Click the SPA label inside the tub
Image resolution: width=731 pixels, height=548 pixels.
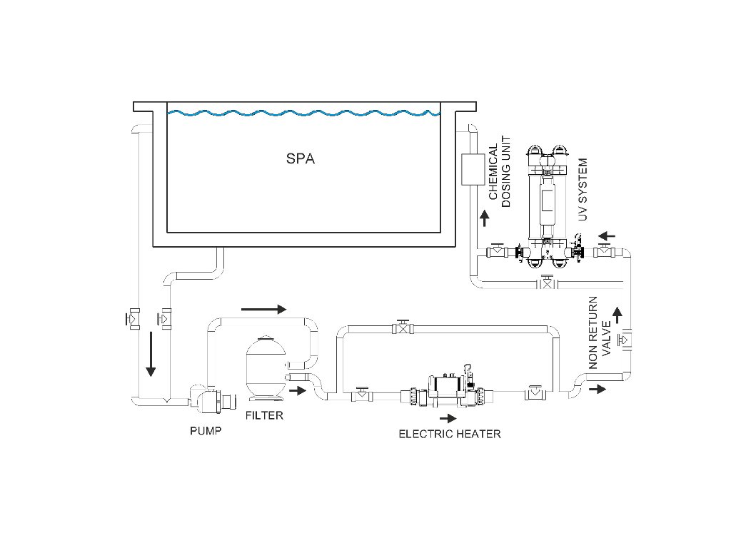(x=301, y=158)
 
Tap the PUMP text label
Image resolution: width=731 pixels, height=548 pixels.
(x=206, y=430)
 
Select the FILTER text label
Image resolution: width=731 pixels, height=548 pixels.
(x=264, y=415)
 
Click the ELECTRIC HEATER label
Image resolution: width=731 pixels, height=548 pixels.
(x=450, y=434)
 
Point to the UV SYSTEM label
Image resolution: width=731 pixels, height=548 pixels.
(x=583, y=189)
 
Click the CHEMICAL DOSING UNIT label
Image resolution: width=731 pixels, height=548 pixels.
(x=499, y=171)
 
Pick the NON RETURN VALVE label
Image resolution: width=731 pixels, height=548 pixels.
(x=600, y=333)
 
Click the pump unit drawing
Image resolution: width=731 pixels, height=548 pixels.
(x=212, y=398)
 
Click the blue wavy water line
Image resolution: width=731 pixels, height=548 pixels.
(x=303, y=113)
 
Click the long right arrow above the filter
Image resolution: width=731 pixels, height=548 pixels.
(x=263, y=309)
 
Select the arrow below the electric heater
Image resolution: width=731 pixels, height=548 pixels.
(x=448, y=418)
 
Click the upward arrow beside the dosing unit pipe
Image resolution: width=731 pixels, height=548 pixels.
(x=485, y=218)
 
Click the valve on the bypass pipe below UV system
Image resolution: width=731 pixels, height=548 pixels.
(x=547, y=283)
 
